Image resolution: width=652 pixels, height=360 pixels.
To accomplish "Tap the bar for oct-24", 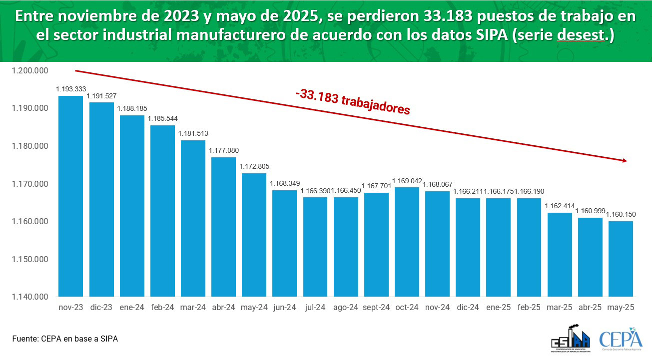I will click(407, 242).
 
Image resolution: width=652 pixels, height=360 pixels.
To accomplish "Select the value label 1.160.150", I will click(621, 215).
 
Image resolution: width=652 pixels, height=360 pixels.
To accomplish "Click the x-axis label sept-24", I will click(376, 308).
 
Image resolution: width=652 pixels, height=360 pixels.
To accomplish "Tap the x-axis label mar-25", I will click(560, 308).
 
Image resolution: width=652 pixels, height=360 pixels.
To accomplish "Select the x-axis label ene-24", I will click(132, 308).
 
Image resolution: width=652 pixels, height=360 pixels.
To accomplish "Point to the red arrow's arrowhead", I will click(624, 160).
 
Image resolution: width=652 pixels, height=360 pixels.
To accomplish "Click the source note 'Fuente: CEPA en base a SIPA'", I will click(65, 339).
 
